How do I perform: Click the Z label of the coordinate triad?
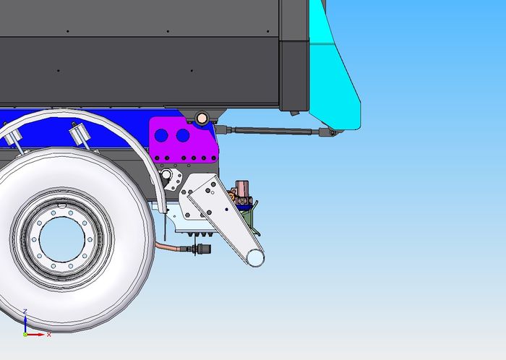pos(25,312)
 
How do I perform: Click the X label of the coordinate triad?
pos(49,335)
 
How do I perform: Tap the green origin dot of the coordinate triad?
pos(25,335)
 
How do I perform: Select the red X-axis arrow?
pos(35,335)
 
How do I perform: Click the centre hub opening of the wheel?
pos(62,239)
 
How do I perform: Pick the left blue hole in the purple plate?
pos(161,135)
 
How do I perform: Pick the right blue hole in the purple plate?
pos(183,135)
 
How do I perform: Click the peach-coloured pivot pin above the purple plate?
pos(202,118)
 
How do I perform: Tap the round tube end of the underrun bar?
pos(255,258)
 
